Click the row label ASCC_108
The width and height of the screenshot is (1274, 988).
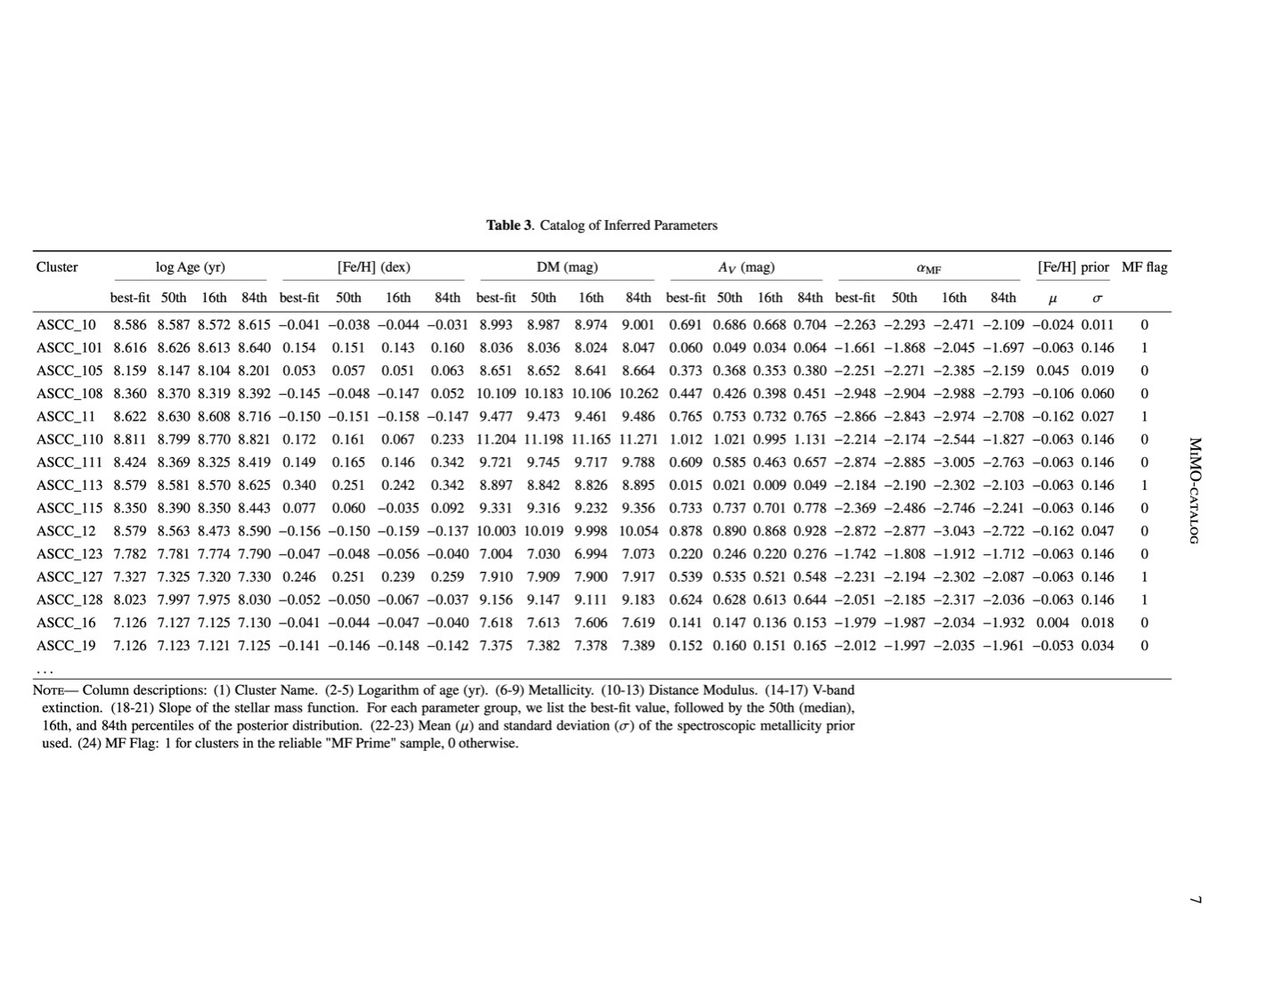[69, 394]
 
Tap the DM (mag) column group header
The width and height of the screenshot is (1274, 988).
[567, 267]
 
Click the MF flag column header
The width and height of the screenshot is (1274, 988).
[1144, 267]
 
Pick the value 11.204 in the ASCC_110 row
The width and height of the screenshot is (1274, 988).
[495, 439]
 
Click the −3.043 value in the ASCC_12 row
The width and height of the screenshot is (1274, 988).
[953, 531]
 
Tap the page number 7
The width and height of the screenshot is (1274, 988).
[1196, 900]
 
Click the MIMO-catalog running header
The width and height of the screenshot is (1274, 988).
[1196, 490]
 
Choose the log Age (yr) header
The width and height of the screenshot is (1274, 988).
[190, 267]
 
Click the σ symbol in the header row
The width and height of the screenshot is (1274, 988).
[1098, 298]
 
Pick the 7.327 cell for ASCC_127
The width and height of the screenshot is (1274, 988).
[130, 577]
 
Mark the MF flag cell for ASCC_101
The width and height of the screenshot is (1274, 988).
[1144, 348]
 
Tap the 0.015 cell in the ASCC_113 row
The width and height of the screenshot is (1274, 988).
[685, 486]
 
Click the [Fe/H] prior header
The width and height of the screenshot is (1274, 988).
[1073, 267]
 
